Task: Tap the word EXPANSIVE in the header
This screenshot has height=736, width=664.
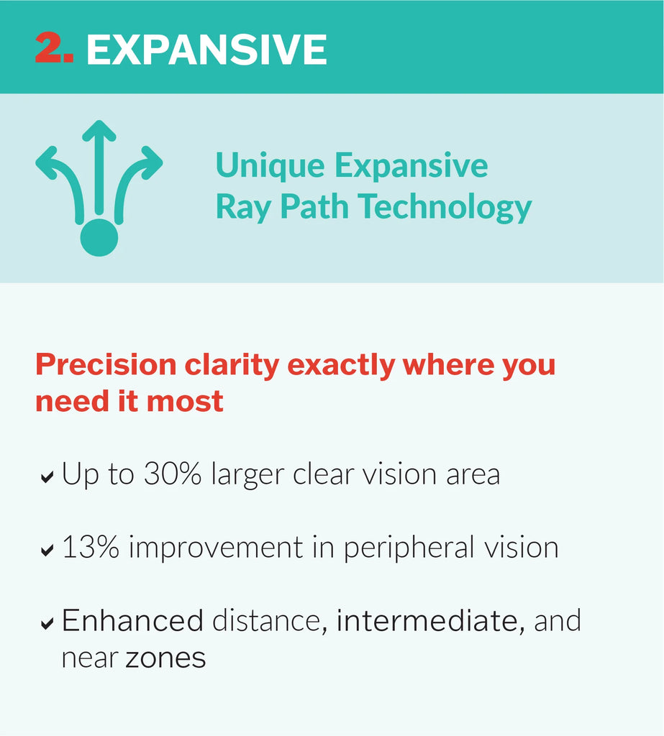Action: pyautogui.click(x=206, y=50)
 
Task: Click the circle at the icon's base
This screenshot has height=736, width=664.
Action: pyautogui.click(x=99, y=237)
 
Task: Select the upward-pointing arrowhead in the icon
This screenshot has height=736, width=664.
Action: pyautogui.click(x=99, y=131)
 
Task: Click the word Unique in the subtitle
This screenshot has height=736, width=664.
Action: pyautogui.click(x=270, y=166)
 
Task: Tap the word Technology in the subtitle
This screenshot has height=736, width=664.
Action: pyautogui.click(x=444, y=208)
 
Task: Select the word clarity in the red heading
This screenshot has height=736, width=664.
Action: pyautogui.click(x=232, y=366)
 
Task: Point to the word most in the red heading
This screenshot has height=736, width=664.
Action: pyautogui.click(x=185, y=402)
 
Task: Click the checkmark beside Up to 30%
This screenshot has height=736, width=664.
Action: pyautogui.click(x=47, y=477)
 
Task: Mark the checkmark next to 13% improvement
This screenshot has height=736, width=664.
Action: pyautogui.click(x=47, y=550)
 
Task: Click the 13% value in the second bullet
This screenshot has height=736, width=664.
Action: pyautogui.click(x=90, y=547)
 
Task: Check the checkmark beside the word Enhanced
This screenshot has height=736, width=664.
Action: pyautogui.click(x=47, y=623)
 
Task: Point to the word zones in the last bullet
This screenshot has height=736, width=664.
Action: pyautogui.click(x=165, y=658)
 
